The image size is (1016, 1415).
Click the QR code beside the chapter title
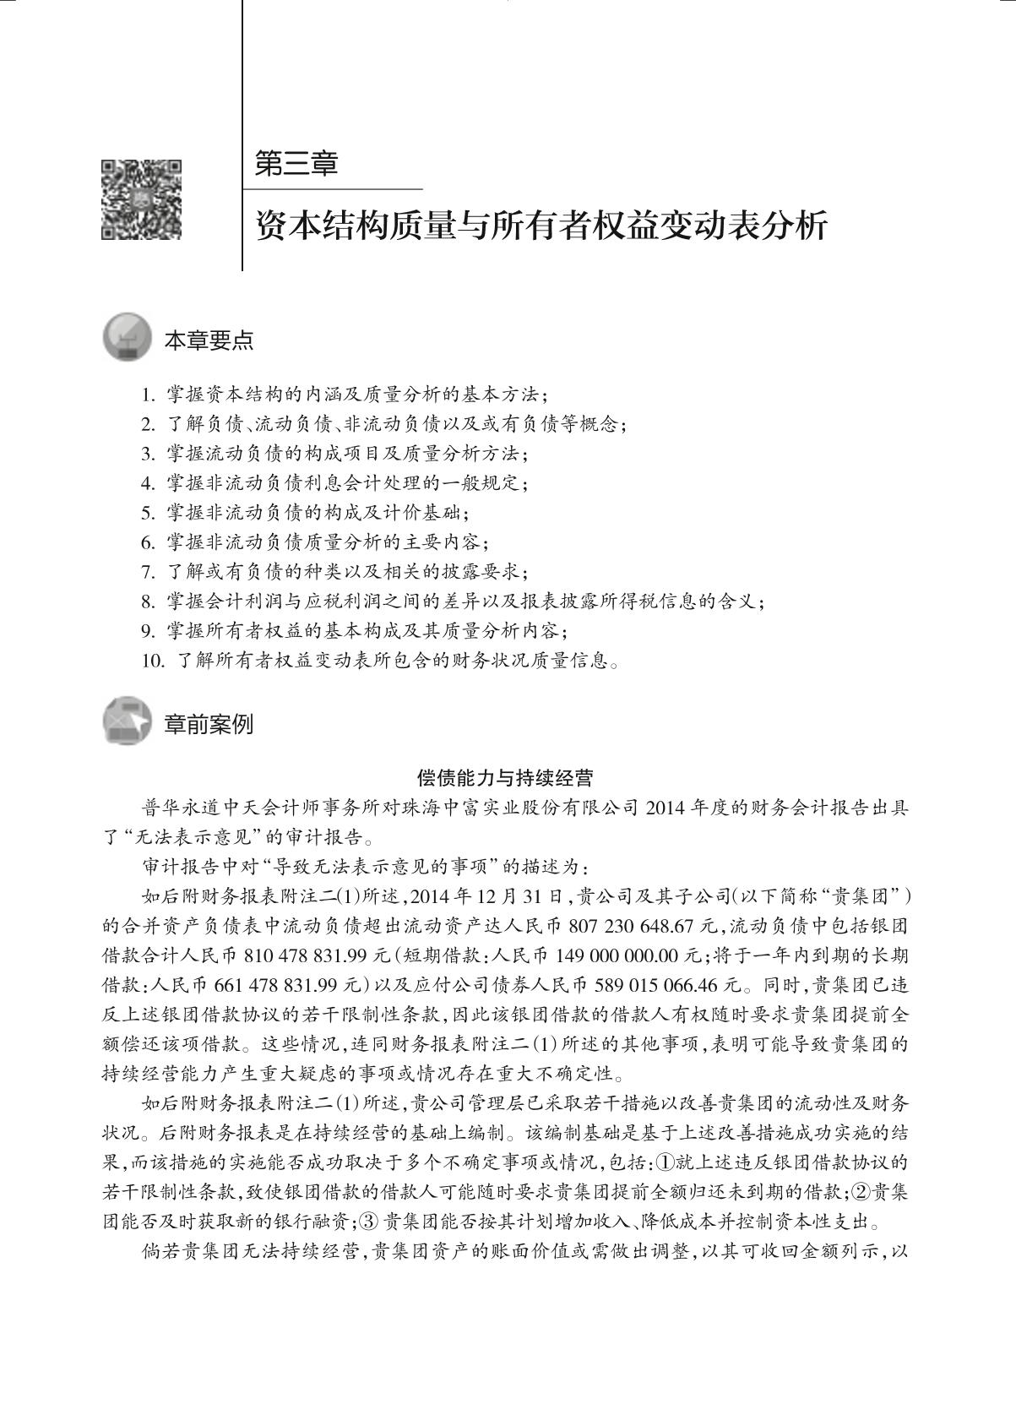[x=141, y=199]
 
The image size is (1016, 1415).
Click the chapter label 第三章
[x=296, y=164]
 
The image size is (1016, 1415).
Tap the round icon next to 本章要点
[x=128, y=340]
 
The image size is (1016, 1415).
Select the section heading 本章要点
[x=208, y=341]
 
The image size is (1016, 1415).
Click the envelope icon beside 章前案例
[x=128, y=722]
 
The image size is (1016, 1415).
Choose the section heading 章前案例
[x=208, y=724]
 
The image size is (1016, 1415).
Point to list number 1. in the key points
[x=149, y=395]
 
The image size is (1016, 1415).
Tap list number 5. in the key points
[x=149, y=513]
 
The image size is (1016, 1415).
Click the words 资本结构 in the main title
[x=309, y=226]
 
